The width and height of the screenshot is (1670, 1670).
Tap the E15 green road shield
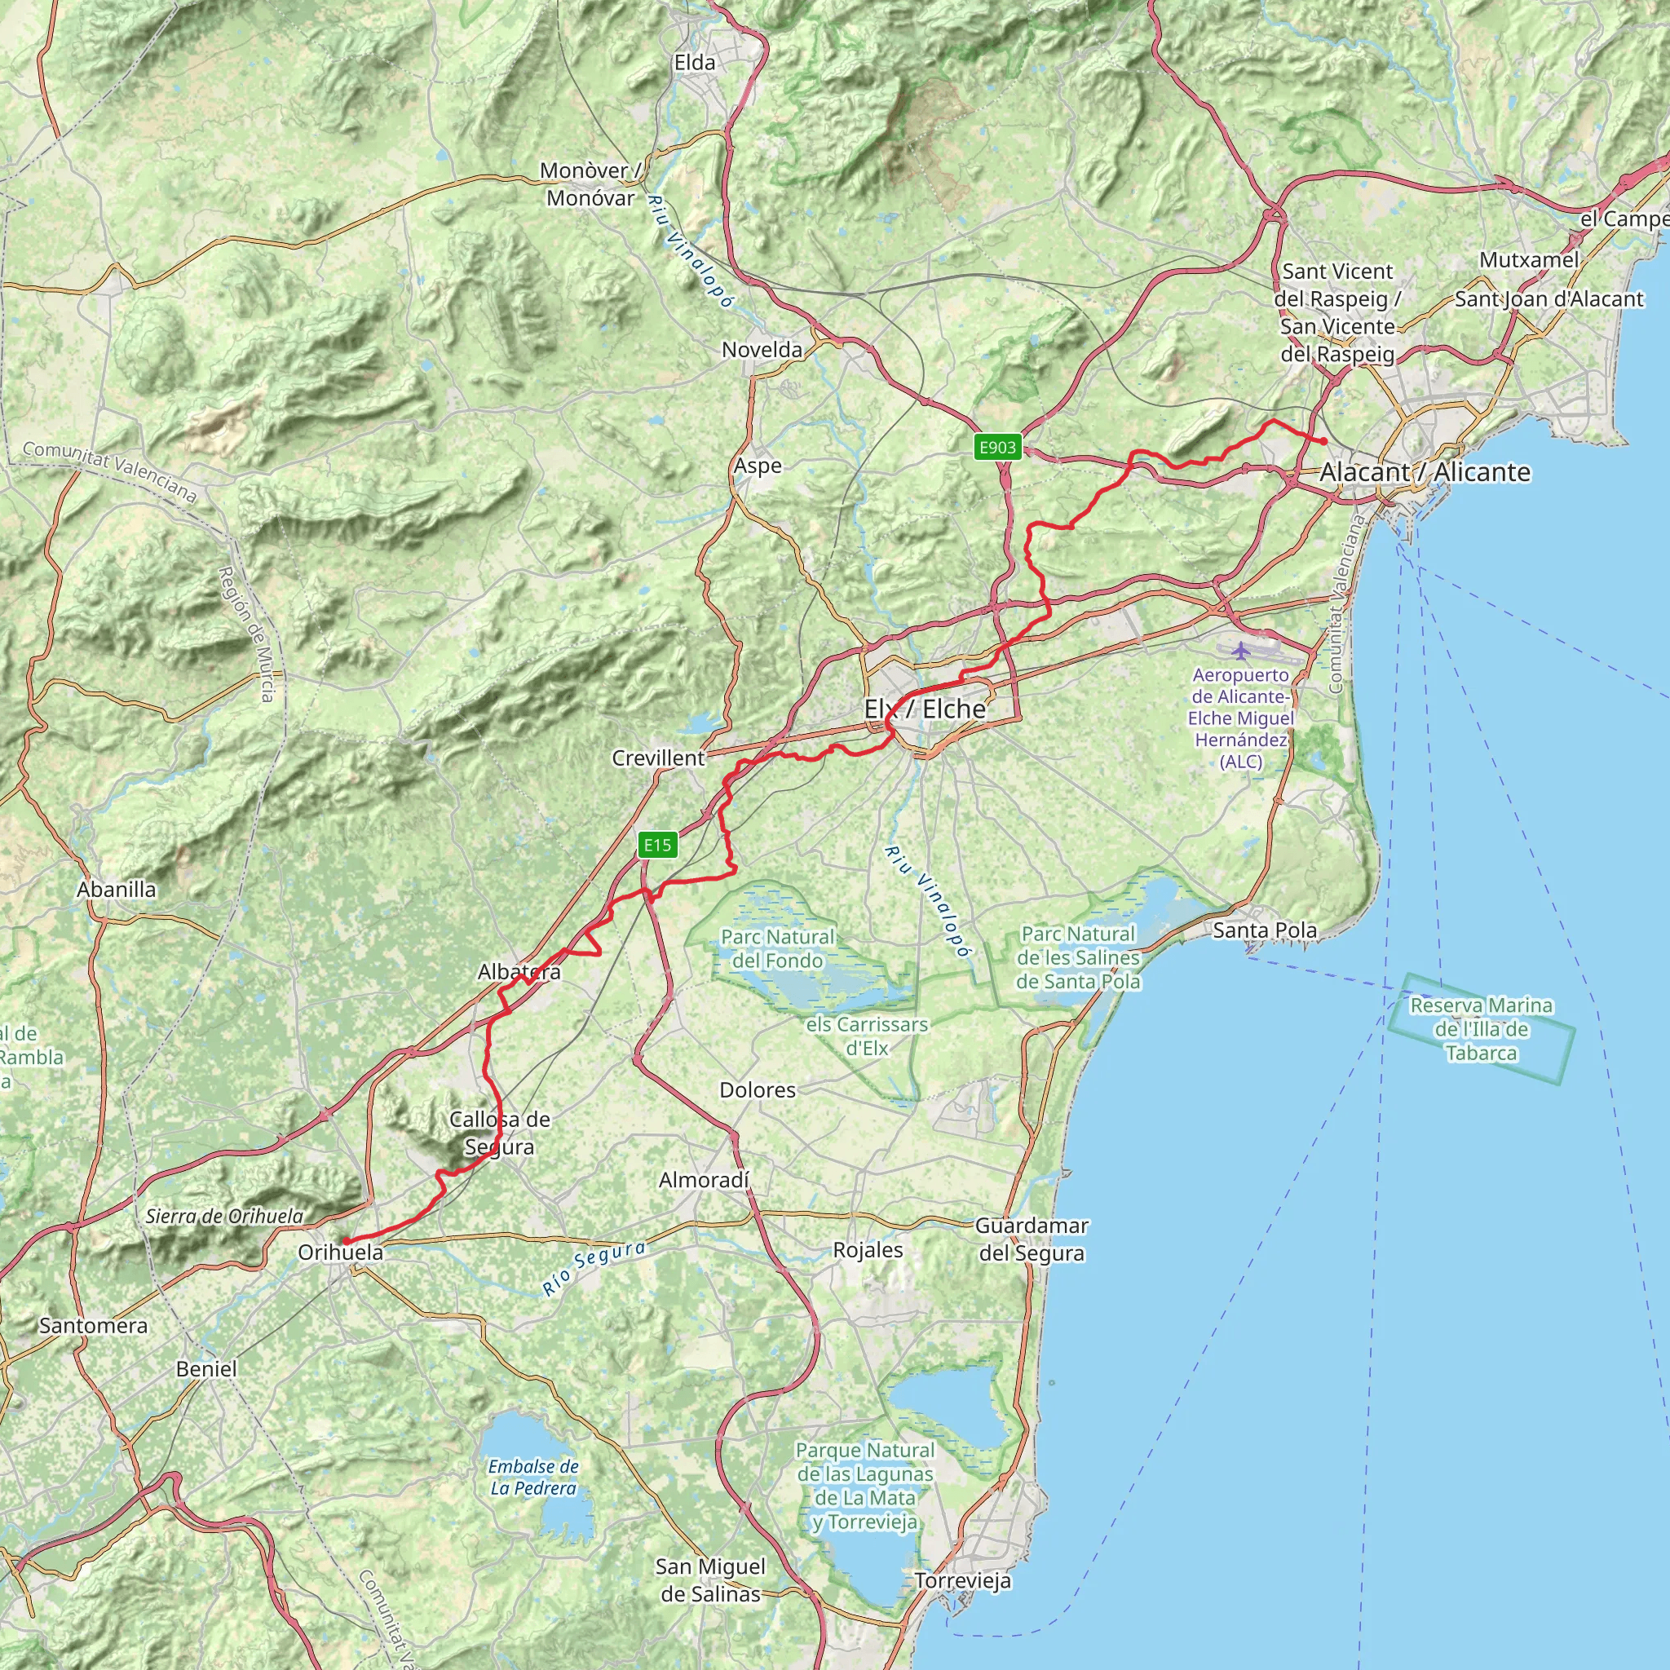click(x=657, y=845)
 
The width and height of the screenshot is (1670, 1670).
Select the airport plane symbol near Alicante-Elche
click(x=1241, y=650)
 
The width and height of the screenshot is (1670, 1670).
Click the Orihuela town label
click(x=340, y=1252)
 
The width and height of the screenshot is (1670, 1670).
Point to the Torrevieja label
click(x=963, y=1581)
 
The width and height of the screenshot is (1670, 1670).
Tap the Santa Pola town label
click(x=1265, y=930)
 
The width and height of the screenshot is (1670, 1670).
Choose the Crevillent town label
click(x=659, y=758)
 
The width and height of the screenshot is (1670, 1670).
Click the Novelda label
click(x=762, y=350)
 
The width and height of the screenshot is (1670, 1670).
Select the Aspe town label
click(x=758, y=466)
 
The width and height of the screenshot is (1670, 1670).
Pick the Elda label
click(x=695, y=62)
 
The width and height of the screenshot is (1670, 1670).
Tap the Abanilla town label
click(x=117, y=890)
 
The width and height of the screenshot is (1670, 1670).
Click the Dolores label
click(x=758, y=1090)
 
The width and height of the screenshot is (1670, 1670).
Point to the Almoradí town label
click(x=705, y=1180)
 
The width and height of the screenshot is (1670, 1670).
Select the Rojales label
click(x=868, y=1250)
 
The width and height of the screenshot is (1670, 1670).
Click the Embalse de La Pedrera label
click(x=533, y=1478)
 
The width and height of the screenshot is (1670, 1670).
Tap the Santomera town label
click(x=93, y=1326)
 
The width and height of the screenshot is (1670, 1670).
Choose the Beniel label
click(x=205, y=1369)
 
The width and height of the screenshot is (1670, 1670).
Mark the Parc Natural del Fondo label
click(x=778, y=948)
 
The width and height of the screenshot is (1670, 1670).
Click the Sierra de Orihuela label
click(x=225, y=1216)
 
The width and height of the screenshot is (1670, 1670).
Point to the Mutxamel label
click(x=1529, y=260)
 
